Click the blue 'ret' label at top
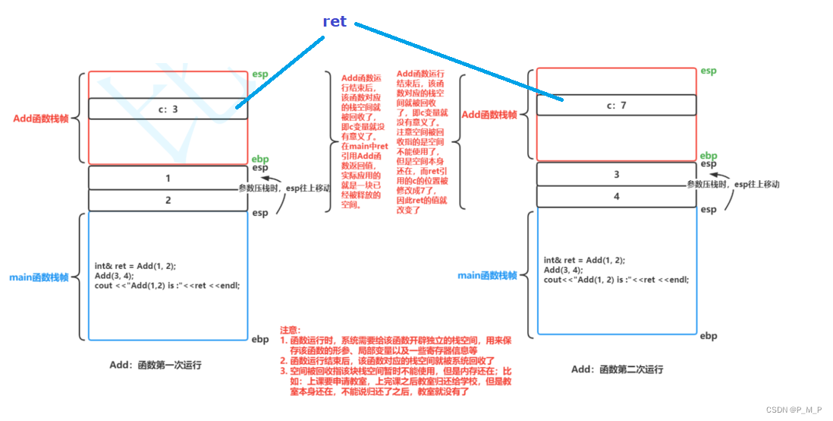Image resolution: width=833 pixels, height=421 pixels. (335, 21)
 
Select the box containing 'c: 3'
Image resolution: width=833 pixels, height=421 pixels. (168, 109)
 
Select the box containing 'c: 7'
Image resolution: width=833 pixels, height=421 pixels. (615, 105)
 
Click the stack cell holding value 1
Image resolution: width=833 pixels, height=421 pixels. (168, 178)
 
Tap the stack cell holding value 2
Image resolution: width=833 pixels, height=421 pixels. (168, 200)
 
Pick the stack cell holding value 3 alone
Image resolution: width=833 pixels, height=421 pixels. (615, 174)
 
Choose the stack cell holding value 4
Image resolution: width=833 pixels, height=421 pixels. (615, 197)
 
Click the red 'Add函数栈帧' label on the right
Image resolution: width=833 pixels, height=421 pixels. (489, 115)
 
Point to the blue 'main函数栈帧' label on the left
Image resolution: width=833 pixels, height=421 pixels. (39, 277)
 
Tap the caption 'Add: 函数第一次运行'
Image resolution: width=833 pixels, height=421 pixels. (156, 365)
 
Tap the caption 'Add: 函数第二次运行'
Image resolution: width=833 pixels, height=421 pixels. (617, 369)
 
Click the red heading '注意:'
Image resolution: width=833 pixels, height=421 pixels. (290, 330)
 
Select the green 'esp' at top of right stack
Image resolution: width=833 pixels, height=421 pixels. (708, 71)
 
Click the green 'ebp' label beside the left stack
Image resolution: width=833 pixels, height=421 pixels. (259, 158)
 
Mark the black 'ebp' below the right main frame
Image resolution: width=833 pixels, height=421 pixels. (708, 335)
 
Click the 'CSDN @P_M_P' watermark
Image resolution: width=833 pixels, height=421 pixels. (794, 410)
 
